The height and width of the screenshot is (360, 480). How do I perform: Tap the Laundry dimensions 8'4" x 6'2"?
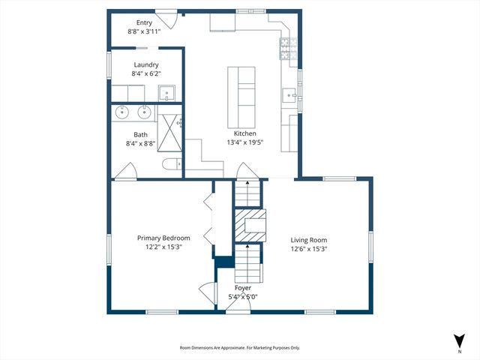point(145,73)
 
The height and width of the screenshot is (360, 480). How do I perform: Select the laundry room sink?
point(167,93)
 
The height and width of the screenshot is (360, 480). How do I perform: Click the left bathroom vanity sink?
point(123,113)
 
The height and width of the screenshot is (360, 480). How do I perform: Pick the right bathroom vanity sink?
point(143,113)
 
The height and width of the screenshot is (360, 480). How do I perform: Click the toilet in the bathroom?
point(169,165)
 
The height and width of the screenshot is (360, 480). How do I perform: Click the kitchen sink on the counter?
point(288,94)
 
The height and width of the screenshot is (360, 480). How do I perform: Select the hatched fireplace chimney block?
point(248,223)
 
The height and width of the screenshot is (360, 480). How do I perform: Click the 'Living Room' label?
point(309,240)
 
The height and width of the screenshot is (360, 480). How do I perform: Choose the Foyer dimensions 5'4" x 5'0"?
point(242,297)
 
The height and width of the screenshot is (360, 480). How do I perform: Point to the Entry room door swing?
point(170,20)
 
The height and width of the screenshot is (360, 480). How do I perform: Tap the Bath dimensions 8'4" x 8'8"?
point(141,143)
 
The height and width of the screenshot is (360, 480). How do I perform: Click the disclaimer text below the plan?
point(239,348)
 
